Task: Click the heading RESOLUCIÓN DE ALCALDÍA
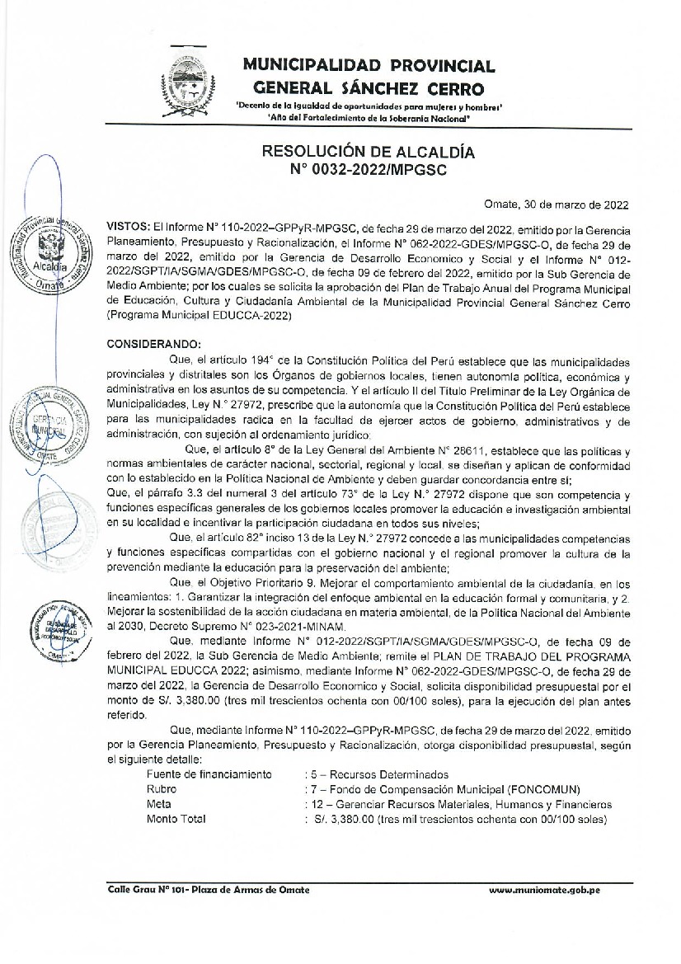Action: [369, 153]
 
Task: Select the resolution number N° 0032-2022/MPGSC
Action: [369, 170]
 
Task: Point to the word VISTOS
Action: [127, 225]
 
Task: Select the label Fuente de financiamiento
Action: [209, 774]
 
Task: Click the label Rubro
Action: [162, 789]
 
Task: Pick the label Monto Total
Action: [176, 819]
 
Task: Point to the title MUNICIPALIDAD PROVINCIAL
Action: [369, 66]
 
